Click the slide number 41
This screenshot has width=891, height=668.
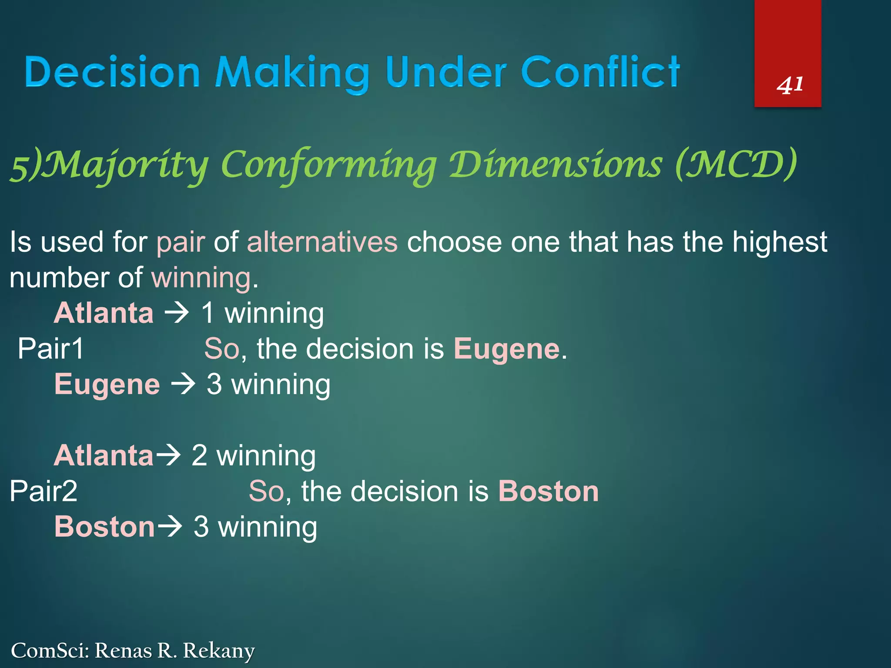tap(790, 85)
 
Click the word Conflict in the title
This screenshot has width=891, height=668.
tap(600, 72)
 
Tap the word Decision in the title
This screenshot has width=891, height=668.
tap(112, 72)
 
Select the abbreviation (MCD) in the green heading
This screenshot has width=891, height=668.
tap(736, 164)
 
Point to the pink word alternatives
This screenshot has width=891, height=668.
tap(322, 242)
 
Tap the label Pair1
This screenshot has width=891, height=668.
tap(50, 349)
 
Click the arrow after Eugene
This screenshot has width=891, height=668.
tap(183, 384)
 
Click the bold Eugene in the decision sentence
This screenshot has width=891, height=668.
tap(506, 349)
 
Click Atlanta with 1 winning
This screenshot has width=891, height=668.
tap(104, 313)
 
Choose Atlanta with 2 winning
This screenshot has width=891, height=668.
tap(104, 455)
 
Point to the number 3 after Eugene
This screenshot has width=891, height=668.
tap(214, 384)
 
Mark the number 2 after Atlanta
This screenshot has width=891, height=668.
tap(199, 455)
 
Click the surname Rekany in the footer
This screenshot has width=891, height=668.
tap(218, 651)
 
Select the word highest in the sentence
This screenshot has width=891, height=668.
tap(779, 242)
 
